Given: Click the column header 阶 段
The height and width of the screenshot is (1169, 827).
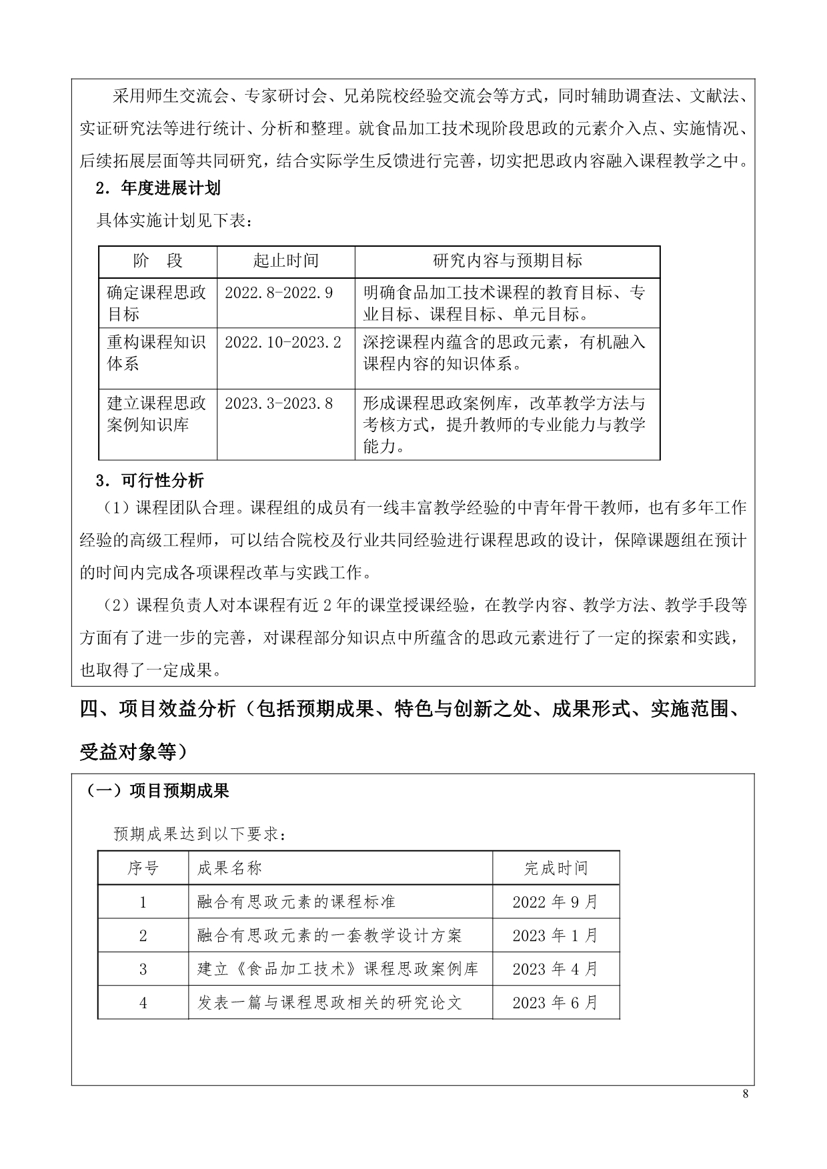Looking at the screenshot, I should pyautogui.click(x=157, y=261).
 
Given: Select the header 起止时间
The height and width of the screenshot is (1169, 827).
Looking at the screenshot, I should pyautogui.click(x=285, y=261).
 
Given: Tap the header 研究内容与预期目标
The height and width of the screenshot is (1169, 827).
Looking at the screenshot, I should pyautogui.click(x=507, y=261).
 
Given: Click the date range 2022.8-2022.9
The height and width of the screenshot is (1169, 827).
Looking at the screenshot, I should pyautogui.click(x=279, y=292).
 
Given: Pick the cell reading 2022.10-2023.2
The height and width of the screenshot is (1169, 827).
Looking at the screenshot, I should pyautogui.click(x=283, y=342).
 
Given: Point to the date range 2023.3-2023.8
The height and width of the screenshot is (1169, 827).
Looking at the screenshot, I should pyautogui.click(x=279, y=403).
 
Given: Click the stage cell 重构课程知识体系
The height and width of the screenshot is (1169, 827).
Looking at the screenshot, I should pyautogui.click(x=156, y=353).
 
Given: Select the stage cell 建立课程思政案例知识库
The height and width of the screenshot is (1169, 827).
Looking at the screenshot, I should pyautogui.click(x=156, y=414).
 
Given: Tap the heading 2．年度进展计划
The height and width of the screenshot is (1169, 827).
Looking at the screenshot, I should pyautogui.click(x=158, y=188).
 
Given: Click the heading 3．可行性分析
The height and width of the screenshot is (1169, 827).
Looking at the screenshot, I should pyautogui.click(x=150, y=480).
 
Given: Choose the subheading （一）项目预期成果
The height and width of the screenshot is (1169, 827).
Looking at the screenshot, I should pyautogui.click(x=157, y=791).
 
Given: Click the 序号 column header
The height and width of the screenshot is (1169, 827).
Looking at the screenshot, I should pyautogui.click(x=143, y=868).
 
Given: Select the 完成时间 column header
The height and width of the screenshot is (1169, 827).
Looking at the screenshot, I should pyautogui.click(x=556, y=868).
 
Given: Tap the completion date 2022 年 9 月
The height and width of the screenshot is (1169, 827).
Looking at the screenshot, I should pyautogui.click(x=556, y=902).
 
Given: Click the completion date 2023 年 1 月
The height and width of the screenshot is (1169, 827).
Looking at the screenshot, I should pyautogui.click(x=556, y=936).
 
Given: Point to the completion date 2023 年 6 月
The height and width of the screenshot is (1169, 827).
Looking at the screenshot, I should pyautogui.click(x=556, y=1002).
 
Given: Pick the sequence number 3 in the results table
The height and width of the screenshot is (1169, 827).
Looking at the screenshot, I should pyautogui.click(x=143, y=969).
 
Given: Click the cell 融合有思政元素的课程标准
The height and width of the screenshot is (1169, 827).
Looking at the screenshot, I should pyautogui.click(x=296, y=902).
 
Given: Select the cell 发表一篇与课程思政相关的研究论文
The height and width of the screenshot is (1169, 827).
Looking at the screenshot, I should pyautogui.click(x=329, y=1002).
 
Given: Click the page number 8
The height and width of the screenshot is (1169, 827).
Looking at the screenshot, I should pyautogui.click(x=745, y=1094).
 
